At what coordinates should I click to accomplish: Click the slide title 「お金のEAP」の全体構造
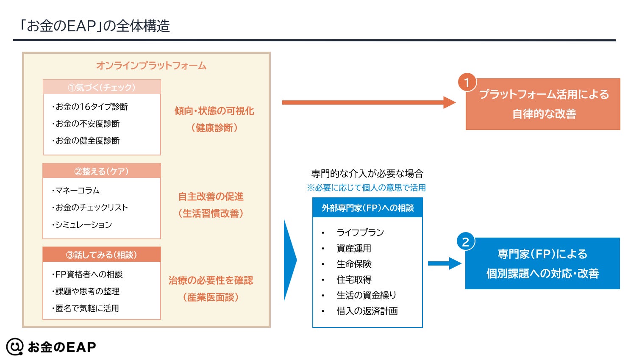(x=94, y=26)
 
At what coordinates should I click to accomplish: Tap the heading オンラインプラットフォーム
(x=151, y=66)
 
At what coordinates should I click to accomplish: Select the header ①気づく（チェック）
(x=102, y=87)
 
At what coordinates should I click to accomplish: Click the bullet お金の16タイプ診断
(x=90, y=107)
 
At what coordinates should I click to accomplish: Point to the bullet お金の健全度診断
(x=86, y=141)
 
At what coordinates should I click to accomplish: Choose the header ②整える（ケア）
(x=102, y=171)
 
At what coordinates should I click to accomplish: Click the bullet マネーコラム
(x=76, y=191)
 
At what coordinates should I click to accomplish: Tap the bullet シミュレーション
(x=82, y=224)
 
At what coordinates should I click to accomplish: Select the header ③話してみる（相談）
(x=102, y=255)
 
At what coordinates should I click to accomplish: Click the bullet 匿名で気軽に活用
(x=85, y=308)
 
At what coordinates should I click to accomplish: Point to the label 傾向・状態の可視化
(x=214, y=111)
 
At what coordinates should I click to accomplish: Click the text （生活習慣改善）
(x=211, y=213)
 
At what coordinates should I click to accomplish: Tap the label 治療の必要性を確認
(x=211, y=280)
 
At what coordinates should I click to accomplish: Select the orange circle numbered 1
(x=467, y=83)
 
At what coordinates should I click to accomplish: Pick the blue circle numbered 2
(x=466, y=242)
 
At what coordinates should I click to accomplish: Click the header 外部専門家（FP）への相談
(x=367, y=208)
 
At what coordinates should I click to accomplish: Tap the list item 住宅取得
(x=354, y=280)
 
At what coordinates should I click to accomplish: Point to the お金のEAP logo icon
(x=15, y=347)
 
